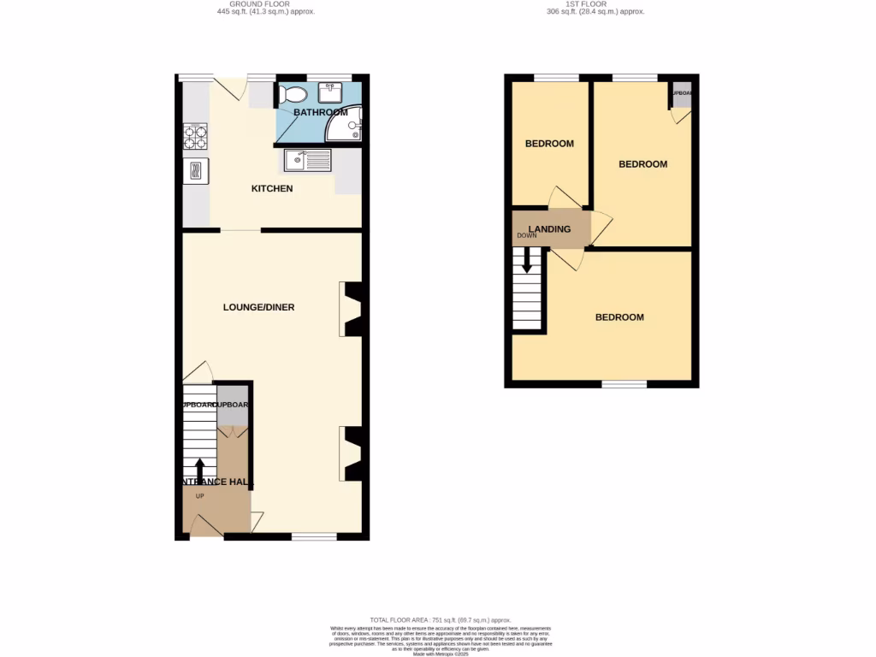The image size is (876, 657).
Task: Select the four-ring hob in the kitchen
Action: tap(195, 133)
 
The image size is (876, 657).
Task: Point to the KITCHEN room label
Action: tap(272, 188)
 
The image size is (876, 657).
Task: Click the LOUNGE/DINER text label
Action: tap(258, 307)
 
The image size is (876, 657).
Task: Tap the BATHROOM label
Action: tap(320, 112)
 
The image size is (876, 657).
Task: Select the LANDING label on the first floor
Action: tap(549, 228)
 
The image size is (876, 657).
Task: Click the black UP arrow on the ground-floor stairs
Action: tap(200, 470)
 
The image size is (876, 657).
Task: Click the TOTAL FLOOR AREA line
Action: tap(440, 619)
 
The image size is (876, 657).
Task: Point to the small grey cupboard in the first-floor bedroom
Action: tap(682, 95)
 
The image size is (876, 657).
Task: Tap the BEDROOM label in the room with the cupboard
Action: tap(642, 164)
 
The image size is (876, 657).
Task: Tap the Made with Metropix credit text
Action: tap(440, 654)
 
